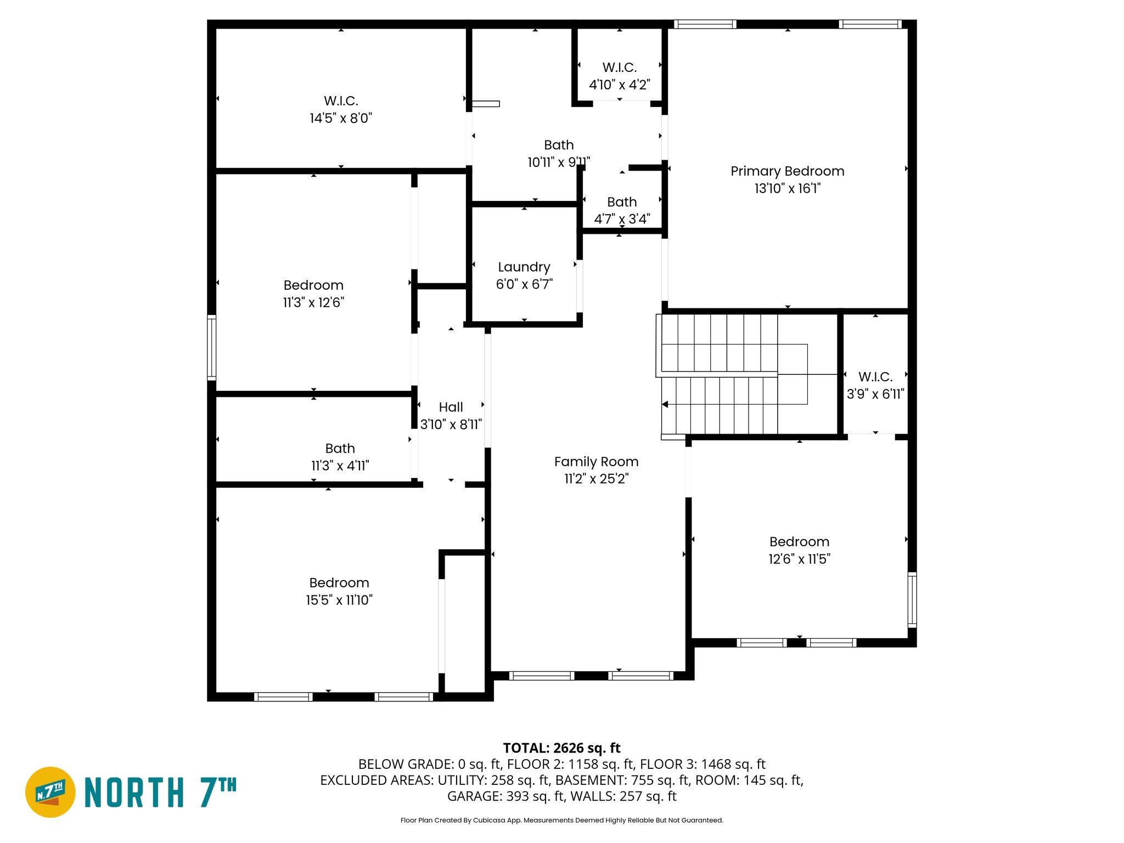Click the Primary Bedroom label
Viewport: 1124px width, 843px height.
pos(787,171)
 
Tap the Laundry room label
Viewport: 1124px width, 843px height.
pos(524,267)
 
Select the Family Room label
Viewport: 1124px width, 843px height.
pos(596,462)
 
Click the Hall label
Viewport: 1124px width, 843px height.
pos(451,407)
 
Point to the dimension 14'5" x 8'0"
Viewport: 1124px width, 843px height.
pos(341,118)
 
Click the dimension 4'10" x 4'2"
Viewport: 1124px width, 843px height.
pos(619,85)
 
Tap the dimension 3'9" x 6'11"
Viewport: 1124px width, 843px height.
pos(875,394)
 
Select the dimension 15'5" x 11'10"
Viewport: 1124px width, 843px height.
pos(339,600)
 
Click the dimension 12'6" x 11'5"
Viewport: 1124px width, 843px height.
pos(799,559)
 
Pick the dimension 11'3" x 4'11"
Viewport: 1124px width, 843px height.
pos(340,465)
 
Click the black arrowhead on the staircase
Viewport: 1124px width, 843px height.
pos(665,404)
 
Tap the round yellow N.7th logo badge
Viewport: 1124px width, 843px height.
pos(50,792)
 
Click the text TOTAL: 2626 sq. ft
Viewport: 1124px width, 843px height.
pos(561,748)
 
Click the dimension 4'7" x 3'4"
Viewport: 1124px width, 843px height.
pos(622,219)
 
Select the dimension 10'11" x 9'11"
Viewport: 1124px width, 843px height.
pos(558,162)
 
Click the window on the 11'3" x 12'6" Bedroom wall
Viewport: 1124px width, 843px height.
pos(211,347)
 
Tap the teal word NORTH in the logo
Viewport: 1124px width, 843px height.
pos(134,793)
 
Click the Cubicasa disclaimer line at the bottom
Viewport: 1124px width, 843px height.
pos(561,820)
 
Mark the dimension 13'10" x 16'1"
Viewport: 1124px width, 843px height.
pos(787,188)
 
